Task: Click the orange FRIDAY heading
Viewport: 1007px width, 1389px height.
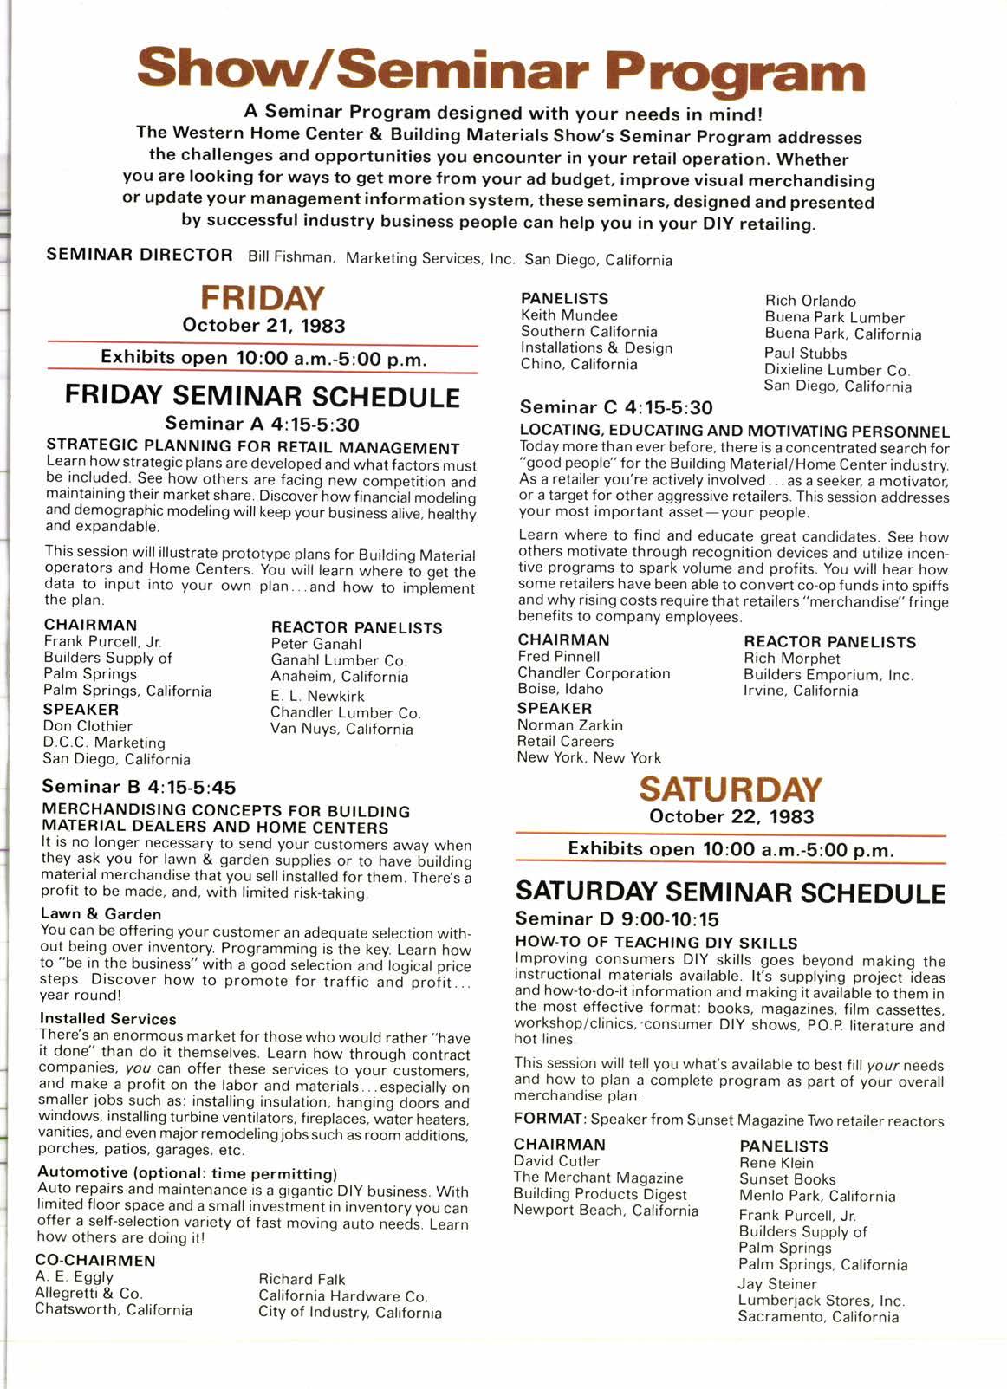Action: click(263, 298)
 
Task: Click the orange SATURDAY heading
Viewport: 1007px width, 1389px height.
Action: click(730, 789)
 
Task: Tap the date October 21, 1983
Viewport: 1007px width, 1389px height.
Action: click(263, 326)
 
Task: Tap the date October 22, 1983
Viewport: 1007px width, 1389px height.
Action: click(730, 816)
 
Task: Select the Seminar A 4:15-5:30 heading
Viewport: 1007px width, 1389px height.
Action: click(262, 424)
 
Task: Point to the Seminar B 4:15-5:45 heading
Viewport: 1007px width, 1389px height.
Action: click(139, 787)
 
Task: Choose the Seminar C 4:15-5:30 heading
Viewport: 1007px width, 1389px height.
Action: click(615, 407)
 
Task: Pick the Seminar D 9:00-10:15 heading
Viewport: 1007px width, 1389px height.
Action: click(616, 918)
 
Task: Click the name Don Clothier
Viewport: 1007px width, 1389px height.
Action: click(88, 726)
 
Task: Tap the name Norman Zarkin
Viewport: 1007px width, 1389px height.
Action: click(569, 724)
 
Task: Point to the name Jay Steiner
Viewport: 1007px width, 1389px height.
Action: click(777, 1283)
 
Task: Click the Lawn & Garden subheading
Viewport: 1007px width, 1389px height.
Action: click(101, 913)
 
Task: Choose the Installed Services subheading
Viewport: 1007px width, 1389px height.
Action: click(107, 1019)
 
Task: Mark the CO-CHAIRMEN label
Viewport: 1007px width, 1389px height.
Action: click(95, 1261)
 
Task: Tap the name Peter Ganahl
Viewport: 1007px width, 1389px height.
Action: click(315, 644)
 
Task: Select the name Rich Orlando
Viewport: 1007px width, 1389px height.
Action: click(809, 301)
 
